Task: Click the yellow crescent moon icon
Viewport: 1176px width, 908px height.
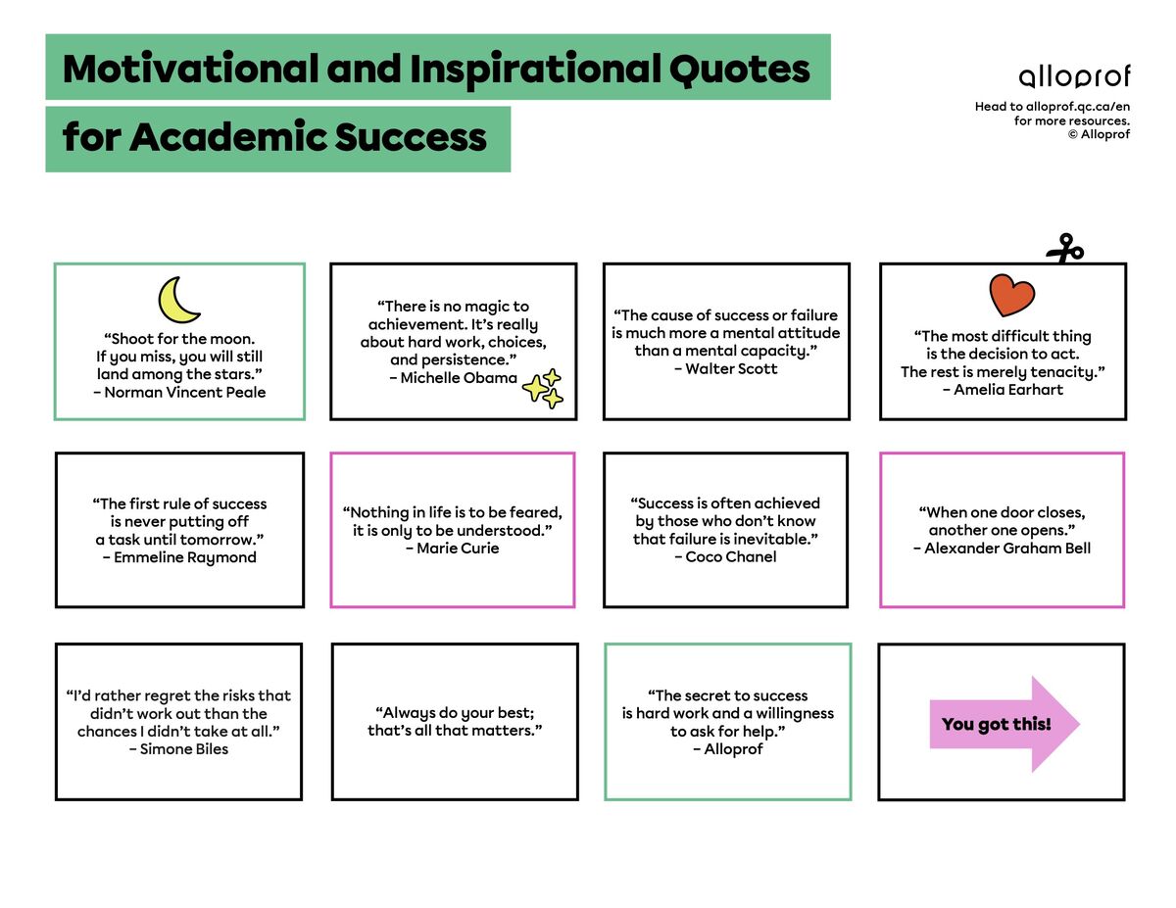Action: click(179, 300)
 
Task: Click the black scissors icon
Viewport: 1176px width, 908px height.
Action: click(1064, 249)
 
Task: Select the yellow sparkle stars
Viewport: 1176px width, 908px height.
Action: click(543, 388)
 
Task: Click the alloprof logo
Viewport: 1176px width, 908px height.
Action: click(1074, 76)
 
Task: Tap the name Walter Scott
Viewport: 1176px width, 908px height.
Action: click(731, 369)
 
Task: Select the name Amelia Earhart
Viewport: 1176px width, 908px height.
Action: click(1008, 390)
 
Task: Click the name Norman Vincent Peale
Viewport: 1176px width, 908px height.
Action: click(185, 393)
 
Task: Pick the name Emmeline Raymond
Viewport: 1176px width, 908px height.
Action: click(185, 557)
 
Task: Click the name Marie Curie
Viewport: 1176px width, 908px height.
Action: click(458, 549)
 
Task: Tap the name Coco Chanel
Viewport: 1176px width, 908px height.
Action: click(731, 557)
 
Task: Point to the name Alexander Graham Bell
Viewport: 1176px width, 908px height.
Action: click(1007, 549)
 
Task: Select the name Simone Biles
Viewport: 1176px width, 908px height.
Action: click(184, 749)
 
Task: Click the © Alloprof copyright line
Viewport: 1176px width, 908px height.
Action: click(1099, 134)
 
